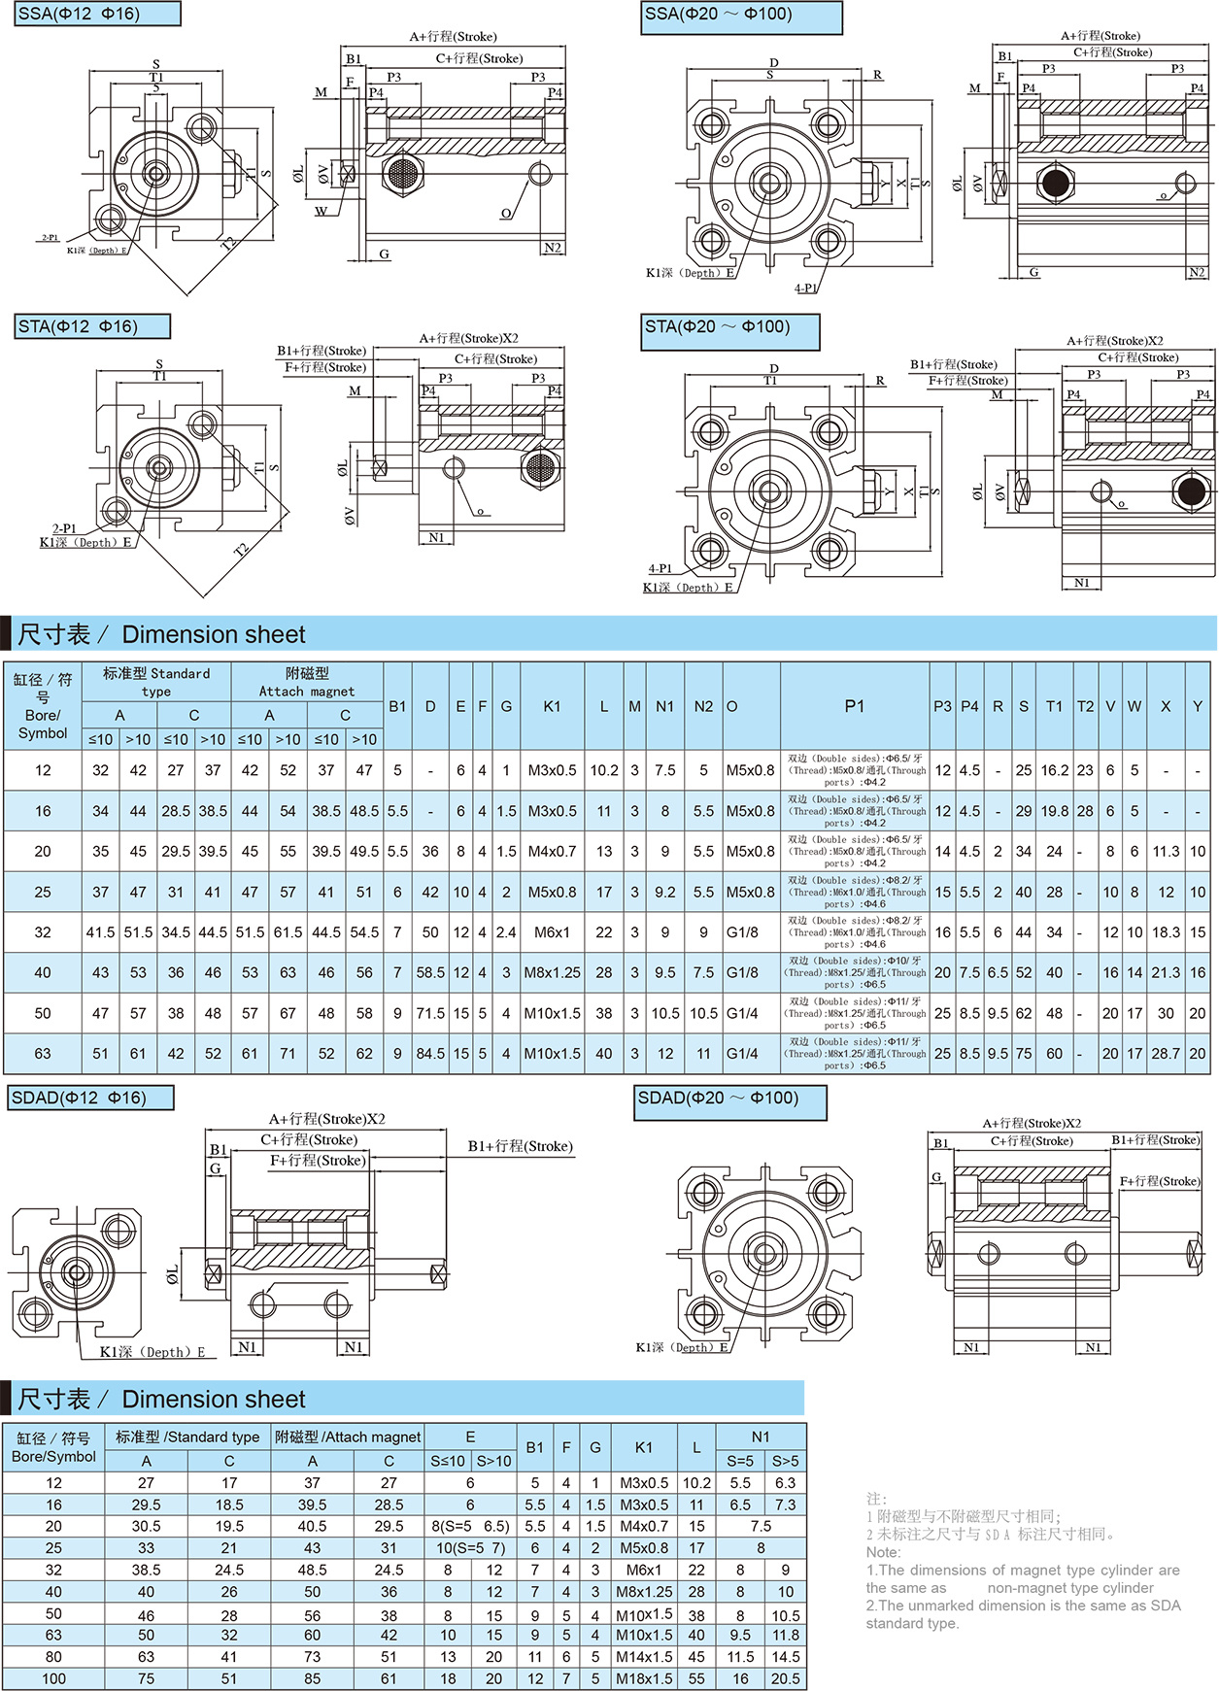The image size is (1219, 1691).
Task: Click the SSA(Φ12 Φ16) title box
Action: coord(98,15)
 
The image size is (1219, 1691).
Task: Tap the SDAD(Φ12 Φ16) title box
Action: coord(90,1099)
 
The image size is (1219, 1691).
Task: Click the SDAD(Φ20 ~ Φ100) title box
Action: coord(729,1100)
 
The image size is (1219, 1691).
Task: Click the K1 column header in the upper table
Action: coord(552,706)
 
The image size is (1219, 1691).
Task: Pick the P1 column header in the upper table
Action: coord(854,706)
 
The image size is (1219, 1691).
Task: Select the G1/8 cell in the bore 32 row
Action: coord(742,932)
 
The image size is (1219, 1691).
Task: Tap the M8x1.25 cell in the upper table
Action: coord(552,972)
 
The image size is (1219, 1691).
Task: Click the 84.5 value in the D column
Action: coord(430,1053)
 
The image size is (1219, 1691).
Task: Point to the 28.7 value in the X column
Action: coord(1166,1053)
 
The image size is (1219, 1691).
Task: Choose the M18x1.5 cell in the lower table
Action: coord(644,1678)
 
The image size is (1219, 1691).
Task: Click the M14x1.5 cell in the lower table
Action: coord(644,1657)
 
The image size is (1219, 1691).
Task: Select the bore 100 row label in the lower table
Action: coord(53,1678)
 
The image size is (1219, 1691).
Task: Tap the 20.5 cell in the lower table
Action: coord(785,1678)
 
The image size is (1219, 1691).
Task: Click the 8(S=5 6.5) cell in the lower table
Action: coord(470,1526)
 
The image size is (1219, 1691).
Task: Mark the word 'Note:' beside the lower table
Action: coord(884,1552)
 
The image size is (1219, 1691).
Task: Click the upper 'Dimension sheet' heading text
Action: coord(214,635)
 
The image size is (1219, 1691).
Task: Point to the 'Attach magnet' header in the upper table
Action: coord(307,691)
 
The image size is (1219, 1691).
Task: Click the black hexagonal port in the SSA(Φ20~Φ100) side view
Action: coord(1055,182)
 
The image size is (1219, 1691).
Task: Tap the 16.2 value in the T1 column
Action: coord(1054,770)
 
